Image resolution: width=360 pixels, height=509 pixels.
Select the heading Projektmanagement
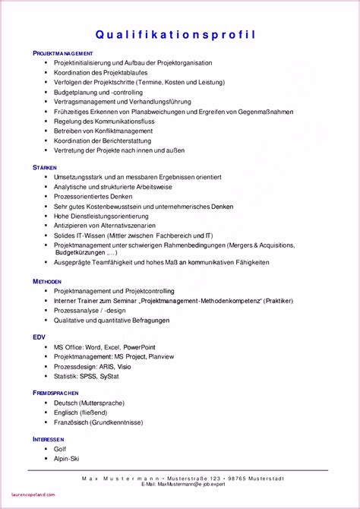pyautogui.click(x=62, y=52)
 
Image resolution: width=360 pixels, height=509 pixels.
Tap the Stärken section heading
pyautogui.click(x=45, y=167)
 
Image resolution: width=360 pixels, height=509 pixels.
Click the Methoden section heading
pyautogui.click(x=47, y=281)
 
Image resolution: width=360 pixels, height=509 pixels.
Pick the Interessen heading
pyautogui.click(x=48, y=439)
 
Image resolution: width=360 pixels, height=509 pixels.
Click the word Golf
pyautogui.click(x=60, y=449)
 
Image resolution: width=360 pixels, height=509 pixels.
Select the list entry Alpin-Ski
pyautogui.click(x=67, y=459)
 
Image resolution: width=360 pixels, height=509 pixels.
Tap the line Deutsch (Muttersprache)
pyautogui.click(x=89, y=403)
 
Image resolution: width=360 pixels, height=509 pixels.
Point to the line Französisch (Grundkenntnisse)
pyautogui.click(x=99, y=422)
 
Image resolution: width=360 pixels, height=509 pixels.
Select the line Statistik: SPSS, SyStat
pyautogui.click(x=87, y=375)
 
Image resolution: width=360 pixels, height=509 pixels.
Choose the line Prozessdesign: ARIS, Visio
pyautogui.click(x=92, y=365)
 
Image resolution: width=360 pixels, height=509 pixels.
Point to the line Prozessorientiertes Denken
pyautogui.click(x=93, y=196)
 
